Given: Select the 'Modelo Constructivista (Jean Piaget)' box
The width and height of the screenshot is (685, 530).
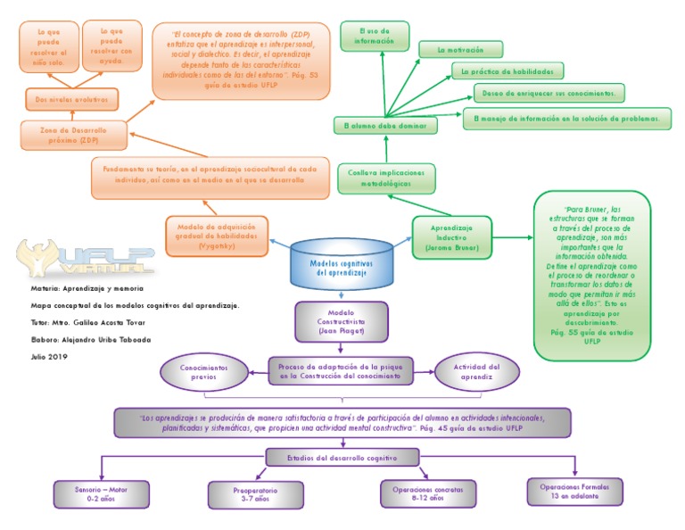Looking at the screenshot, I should pos(342,322).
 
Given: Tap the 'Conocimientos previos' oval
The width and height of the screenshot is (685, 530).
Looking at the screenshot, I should pos(203,372).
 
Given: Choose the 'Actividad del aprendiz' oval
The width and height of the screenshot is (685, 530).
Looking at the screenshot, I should pos(476,372).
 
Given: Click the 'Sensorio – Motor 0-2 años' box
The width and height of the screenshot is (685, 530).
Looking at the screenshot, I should pos(101,493).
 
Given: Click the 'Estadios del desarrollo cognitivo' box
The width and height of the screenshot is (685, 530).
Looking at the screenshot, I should pos(342,458).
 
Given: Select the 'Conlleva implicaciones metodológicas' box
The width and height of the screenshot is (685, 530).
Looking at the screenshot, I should pos(386,178).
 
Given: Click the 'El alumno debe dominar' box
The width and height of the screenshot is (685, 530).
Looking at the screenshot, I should pos(385,126).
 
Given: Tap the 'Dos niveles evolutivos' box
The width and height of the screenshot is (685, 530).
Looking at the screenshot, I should pos(71,97).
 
